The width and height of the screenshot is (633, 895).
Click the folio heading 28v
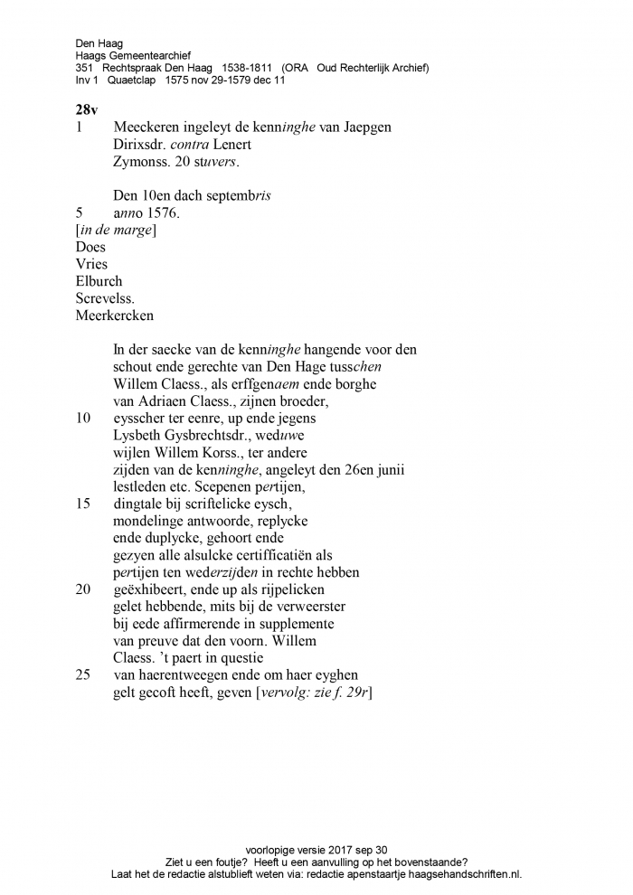[x=87, y=108]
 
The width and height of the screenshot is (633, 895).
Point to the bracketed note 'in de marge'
[x=115, y=231]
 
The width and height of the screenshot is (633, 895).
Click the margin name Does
[x=91, y=248]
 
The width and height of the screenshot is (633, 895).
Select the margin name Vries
[x=92, y=265]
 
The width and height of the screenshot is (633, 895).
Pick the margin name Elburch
[x=99, y=282]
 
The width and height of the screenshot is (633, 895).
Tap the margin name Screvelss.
[x=105, y=299]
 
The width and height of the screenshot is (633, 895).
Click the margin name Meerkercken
[x=115, y=316]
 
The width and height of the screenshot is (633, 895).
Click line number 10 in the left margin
[x=84, y=419]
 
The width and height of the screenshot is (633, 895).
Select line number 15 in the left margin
[x=84, y=504]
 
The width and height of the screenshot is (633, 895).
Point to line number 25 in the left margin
[x=84, y=675]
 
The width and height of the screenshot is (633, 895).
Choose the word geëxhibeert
[x=148, y=589]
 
